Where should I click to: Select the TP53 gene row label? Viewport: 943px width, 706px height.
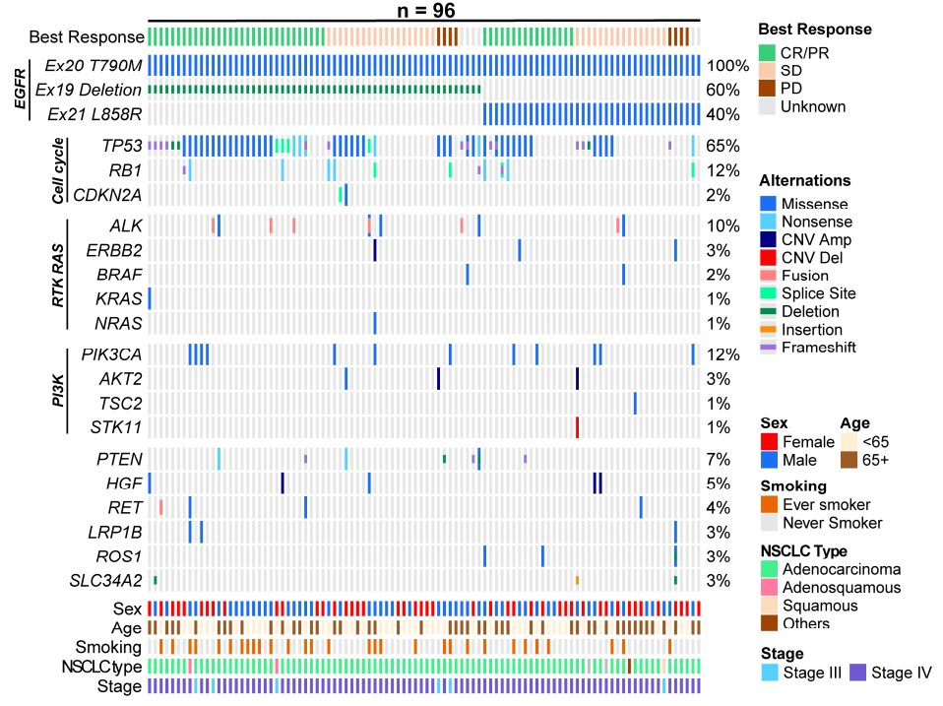(122, 146)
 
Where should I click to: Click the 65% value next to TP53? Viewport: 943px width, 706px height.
(723, 146)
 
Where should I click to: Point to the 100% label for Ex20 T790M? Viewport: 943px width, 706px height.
(727, 66)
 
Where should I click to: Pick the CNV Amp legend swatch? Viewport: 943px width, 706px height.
(768, 239)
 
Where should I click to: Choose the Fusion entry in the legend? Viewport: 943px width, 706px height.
(805, 275)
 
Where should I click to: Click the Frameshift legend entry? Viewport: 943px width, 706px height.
(818, 347)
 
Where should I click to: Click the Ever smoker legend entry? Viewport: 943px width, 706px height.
(823, 504)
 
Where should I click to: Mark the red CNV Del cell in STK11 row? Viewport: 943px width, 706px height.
(577, 426)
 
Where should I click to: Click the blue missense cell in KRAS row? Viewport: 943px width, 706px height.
(149, 298)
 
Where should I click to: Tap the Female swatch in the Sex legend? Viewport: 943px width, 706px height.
(769, 441)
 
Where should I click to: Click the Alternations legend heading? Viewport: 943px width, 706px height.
(805, 181)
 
